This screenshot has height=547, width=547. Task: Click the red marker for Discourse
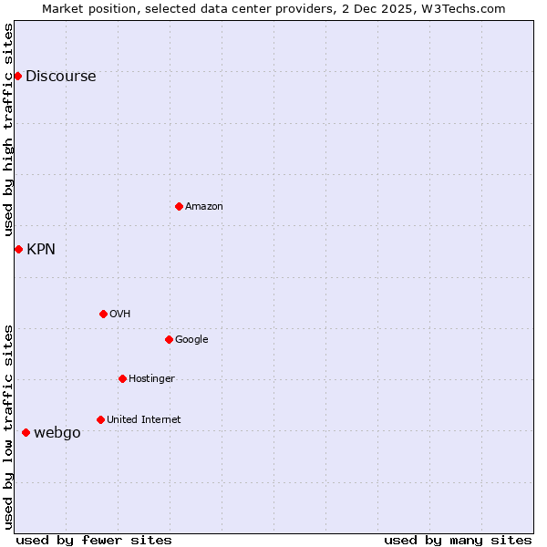click(x=17, y=76)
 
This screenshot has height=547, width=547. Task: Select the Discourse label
click(x=60, y=77)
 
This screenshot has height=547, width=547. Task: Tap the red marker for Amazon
click(x=179, y=206)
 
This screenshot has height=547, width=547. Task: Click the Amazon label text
click(x=204, y=207)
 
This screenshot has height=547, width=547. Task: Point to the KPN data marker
click(x=18, y=249)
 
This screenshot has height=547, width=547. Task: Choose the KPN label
click(x=41, y=250)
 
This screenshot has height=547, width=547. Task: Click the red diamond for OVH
click(x=103, y=314)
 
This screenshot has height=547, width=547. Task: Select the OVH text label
click(x=120, y=315)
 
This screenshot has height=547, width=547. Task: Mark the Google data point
click(x=169, y=339)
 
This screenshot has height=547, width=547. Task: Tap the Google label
click(x=191, y=340)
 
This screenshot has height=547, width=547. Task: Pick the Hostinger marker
click(x=122, y=378)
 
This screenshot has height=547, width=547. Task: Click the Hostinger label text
click(x=151, y=379)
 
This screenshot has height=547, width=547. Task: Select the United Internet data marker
click(x=100, y=419)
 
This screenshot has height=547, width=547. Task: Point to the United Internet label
click(x=144, y=420)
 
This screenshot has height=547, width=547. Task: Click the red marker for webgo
click(x=26, y=432)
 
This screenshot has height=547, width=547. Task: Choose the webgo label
click(x=57, y=433)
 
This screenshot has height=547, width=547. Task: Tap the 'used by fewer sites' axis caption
click(x=94, y=540)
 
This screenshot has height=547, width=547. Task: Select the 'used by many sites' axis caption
click(x=458, y=540)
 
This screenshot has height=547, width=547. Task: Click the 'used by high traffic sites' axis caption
click(x=8, y=129)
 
